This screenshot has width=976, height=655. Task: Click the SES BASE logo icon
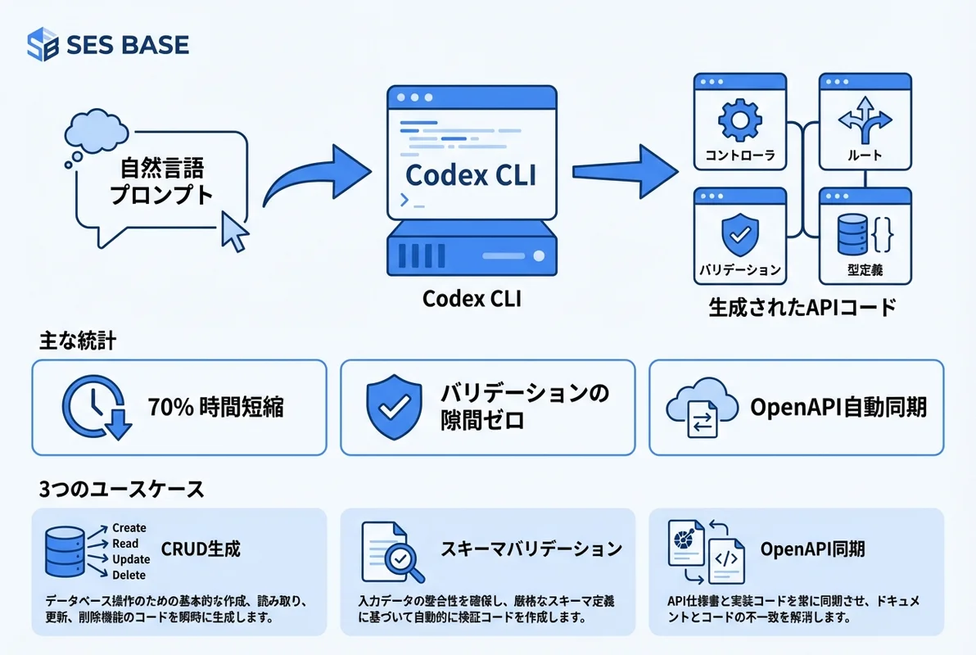pyautogui.click(x=43, y=44)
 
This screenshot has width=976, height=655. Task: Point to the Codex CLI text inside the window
pyautogui.click(x=471, y=174)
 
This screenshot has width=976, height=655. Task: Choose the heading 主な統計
pyautogui.click(x=77, y=341)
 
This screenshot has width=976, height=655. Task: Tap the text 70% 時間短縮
pyautogui.click(x=216, y=407)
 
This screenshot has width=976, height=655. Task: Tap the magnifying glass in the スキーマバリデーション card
pyautogui.click(x=403, y=560)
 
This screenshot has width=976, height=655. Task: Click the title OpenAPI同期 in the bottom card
pyautogui.click(x=812, y=549)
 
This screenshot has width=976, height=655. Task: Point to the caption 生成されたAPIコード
pyautogui.click(x=802, y=308)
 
